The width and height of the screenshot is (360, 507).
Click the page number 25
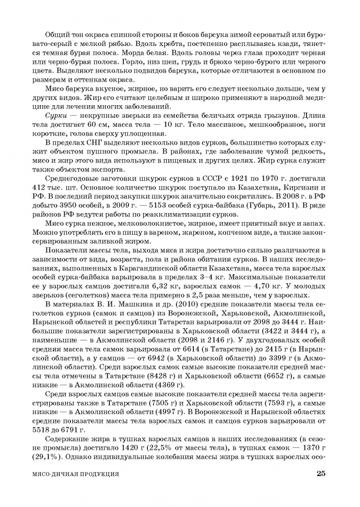(321, 474)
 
